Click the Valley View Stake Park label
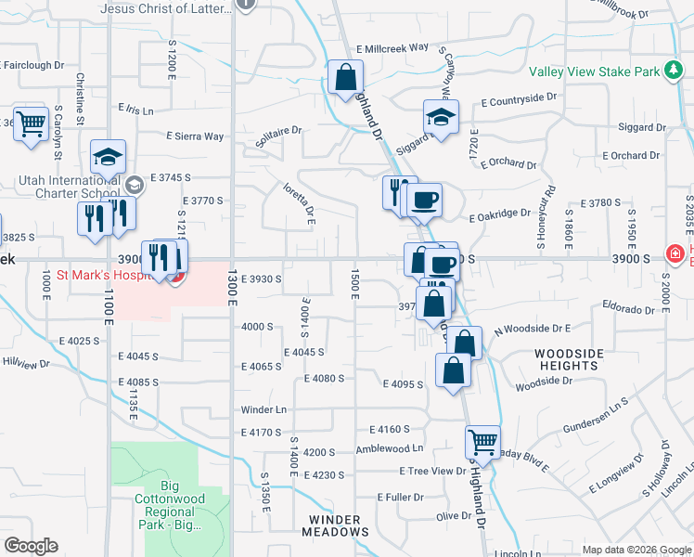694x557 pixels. (x=594, y=71)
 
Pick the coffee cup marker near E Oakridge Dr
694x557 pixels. (x=424, y=200)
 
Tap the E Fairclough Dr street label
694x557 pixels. (x=32, y=66)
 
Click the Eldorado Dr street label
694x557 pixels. (x=628, y=304)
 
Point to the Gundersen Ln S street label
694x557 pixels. (x=596, y=417)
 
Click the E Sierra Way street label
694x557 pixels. (x=195, y=136)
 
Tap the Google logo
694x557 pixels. (x=31, y=546)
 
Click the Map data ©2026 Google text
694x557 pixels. (x=635, y=550)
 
